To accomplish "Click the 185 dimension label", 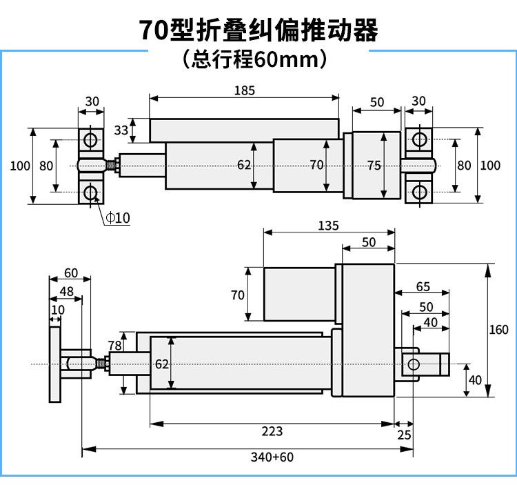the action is coord(245,90).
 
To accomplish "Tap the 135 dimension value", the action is coord(328,226).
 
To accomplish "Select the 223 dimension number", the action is coord(272,431).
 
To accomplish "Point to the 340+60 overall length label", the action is coord(272,457).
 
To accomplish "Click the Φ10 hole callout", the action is coord(118,218).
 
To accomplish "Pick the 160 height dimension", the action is coord(498,330).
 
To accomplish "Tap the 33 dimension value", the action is coord(121,130).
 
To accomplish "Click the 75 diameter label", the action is coord(374,166).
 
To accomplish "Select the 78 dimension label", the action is coord(114,346).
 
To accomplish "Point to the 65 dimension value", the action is coord(423,286).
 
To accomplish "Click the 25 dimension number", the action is coord(404,435).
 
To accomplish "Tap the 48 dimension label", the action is coord(67,291).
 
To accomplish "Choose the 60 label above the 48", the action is coord(71,273).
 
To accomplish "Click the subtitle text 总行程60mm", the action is coord(254,60).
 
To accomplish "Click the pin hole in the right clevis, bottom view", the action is coord(414,364).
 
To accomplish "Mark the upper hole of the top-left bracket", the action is coord(90,139).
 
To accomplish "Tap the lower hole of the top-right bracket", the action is coord(419,192).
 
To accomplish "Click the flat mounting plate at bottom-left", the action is coord(55,364).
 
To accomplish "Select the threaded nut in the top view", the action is coord(112,166).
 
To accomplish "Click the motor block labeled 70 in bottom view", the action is coord(299,294).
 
